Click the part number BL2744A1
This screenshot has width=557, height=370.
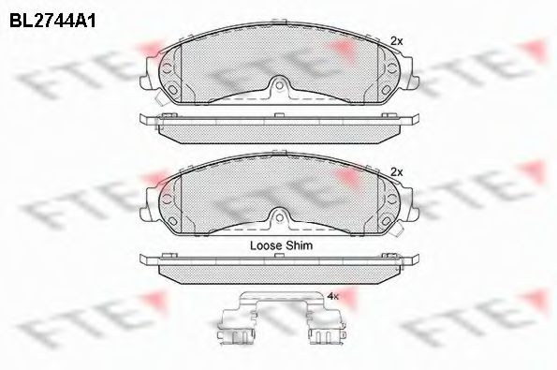pos(52,21)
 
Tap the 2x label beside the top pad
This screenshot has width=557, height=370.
pos(396,41)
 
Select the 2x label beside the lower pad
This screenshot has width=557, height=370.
pos(396,172)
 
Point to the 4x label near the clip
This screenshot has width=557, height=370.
pos(333,296)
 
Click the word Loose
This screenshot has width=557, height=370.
pos(265,245)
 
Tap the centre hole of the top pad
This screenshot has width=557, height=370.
pos(280,85)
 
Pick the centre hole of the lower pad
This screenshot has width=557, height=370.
pos(280,217)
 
